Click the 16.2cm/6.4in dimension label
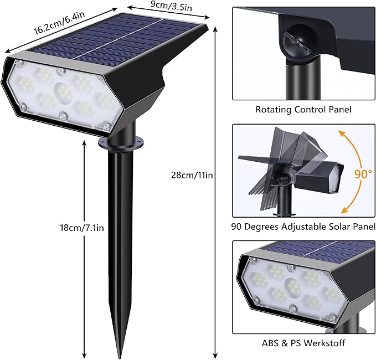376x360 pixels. (59, 22)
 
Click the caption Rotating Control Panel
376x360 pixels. (303, 110)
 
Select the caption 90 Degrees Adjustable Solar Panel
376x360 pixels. (303, 227)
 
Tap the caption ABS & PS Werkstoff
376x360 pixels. (303, 343)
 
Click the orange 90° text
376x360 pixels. (363, 173)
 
